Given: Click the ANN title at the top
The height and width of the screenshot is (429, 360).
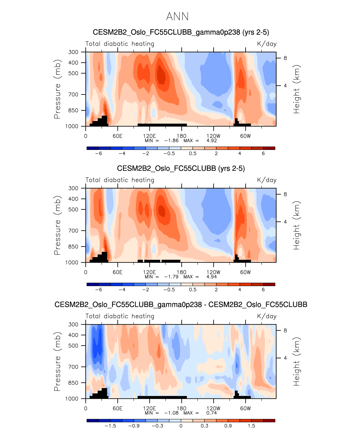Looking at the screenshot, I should tap(177, 17).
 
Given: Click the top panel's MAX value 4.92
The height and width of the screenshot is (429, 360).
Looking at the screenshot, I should tap(212, 141).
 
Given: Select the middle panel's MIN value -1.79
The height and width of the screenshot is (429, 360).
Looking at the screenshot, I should tap(171, 277).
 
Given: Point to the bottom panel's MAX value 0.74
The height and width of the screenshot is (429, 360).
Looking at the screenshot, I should tap(212, 413).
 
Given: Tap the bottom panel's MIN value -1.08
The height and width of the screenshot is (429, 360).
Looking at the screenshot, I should tap(171, 413).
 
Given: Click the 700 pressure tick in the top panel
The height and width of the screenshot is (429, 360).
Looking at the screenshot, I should tap(73, 94).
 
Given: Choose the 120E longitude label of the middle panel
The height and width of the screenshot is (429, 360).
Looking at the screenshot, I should tap(149, 272).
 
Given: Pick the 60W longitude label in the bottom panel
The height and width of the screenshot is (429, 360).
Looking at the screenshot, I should tap(245, 409).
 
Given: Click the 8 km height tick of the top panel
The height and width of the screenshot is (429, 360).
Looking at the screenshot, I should tap(285, 58).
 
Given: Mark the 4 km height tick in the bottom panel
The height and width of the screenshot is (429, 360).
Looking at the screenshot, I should tap(285, 358).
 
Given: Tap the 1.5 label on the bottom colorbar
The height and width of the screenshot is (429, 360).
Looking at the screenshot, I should tap(251, 426).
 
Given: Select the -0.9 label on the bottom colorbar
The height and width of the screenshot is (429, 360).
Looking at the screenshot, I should tap(134, 426).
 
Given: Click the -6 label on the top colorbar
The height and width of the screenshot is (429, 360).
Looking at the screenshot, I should tap(98, 154).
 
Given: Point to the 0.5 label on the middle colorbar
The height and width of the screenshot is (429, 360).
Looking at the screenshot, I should tap(192, 290).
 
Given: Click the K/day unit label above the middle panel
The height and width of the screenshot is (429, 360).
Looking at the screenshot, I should tap(267, 180).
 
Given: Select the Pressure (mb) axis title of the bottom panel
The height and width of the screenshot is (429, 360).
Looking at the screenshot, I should tap(57, 361).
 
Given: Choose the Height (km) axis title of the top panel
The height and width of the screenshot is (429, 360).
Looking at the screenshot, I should tap(296, 89).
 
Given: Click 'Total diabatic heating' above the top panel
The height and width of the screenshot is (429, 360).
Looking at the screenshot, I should tap(120, 44).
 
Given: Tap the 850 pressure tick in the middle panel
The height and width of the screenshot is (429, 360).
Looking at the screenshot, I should tap(73, 247).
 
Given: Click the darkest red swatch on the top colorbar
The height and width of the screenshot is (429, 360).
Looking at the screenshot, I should tap(269, 148).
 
